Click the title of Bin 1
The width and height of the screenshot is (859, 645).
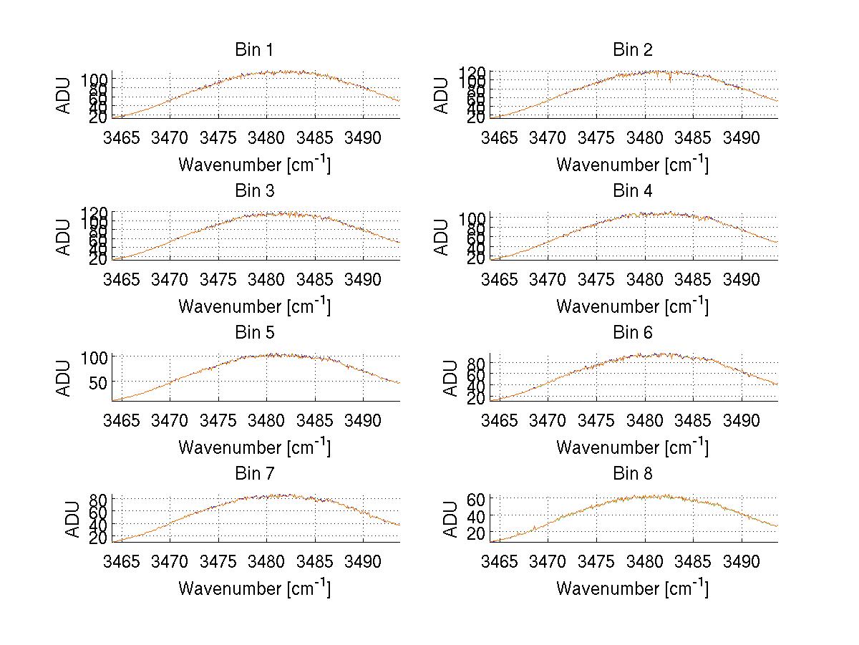click(254, 50)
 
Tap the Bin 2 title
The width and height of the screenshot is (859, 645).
click(632, 50)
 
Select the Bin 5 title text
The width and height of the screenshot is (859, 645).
click(254, 333)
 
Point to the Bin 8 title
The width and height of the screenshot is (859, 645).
click(632, 474)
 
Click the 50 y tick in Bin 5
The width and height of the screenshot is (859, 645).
click(99, 382)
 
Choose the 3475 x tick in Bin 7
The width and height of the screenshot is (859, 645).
click(218, 561)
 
